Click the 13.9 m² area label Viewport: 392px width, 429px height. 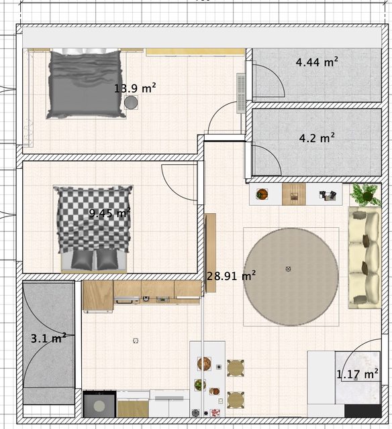pyautogui.click(x=135, y=88)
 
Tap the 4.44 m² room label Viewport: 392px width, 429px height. pyautogui.click(x=317, y=62)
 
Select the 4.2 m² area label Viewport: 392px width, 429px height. pyautogui.click(x=317, y=138)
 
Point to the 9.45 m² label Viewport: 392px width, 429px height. pyautogui.click(x=109, y=213)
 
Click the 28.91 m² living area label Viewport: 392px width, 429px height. pyautogui.click(x=231, y=275)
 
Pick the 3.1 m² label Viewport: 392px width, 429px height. pyautogui.click(x=48, y=338)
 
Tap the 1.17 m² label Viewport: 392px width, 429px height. pyautogui.click(x=357, y=374)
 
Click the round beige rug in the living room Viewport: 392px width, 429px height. pyautogui.click(x=291, y=277)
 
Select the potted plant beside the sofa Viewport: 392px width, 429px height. pyautogui.click(x=366, y=194)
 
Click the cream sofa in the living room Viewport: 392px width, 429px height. pyautogui.click(x=364, y=257)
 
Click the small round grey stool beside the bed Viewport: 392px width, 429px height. pyautogui.click(x=131, y=103)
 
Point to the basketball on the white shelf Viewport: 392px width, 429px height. pyautogui.click(x=262, y=194)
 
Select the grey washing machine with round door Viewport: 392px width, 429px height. pyautogui.click(x=99, y=404)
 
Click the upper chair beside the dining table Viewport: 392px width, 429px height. pyautogui.click(x=236, y=368)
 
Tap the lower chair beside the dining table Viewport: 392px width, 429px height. pyautogui.click(x=236, y=400)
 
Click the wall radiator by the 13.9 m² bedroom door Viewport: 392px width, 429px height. pyautogui.click(x=241, y=93)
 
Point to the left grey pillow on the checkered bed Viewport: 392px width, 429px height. pyautogui.click(x=82, y=260)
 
